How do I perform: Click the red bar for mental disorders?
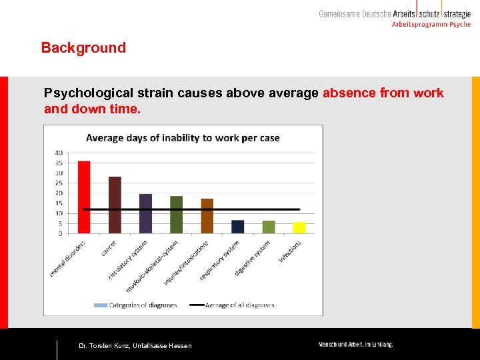coord(84,197)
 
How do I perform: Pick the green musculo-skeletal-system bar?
coord(176,215)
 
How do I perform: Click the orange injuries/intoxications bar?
coord(207,216)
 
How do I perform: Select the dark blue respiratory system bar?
coord(238,227)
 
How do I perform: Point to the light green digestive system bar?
coord(269,227)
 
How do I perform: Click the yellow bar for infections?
coord(299,227)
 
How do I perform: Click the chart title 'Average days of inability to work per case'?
coord(183,138)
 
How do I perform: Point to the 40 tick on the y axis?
coord(59,153)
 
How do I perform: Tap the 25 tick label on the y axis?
coord(59,183)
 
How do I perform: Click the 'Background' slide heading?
coord(83,48)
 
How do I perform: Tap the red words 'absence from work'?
coord(383,93)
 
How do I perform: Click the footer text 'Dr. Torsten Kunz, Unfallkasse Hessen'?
coord(135,345)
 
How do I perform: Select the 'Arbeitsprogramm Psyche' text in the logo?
coord(431,25)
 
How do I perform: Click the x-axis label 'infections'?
coord(291,251)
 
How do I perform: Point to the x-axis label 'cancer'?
coord(108,248)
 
